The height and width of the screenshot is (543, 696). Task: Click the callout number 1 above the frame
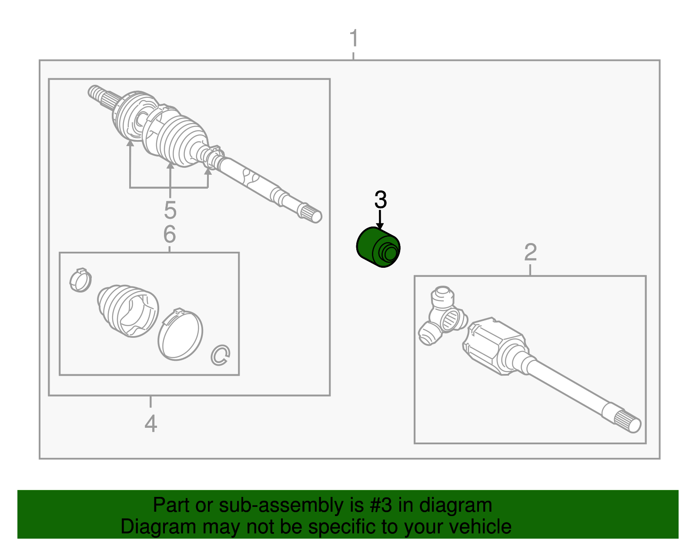pos(354,39)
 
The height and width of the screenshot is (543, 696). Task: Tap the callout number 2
pos(530,253)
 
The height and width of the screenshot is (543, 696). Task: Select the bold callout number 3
pos(380,200)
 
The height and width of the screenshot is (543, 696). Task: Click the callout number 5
pos(170,210)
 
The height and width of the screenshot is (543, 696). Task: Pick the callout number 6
pos(169,234)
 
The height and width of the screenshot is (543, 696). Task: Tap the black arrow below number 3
pos(380,220)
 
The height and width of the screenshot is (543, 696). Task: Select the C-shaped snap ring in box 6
pos(220,355)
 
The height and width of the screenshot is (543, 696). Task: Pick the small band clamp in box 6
pos(80,280)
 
